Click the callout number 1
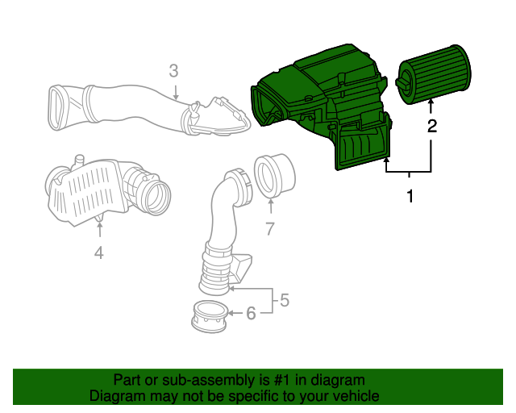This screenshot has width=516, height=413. click(x=410, y=196)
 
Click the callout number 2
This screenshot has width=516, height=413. click(x=432, y=126)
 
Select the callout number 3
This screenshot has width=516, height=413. click(x=173, y=70)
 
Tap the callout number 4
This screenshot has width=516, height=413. click(x=98, y=253)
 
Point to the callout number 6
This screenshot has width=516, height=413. click(x=251, y=313)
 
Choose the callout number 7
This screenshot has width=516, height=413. click(x=270, y=228)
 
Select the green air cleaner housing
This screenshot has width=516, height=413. click(x=322, y=97)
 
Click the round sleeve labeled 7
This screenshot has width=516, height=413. click(x=273, y=175)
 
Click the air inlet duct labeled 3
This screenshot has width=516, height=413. click(x=121, y=105)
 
